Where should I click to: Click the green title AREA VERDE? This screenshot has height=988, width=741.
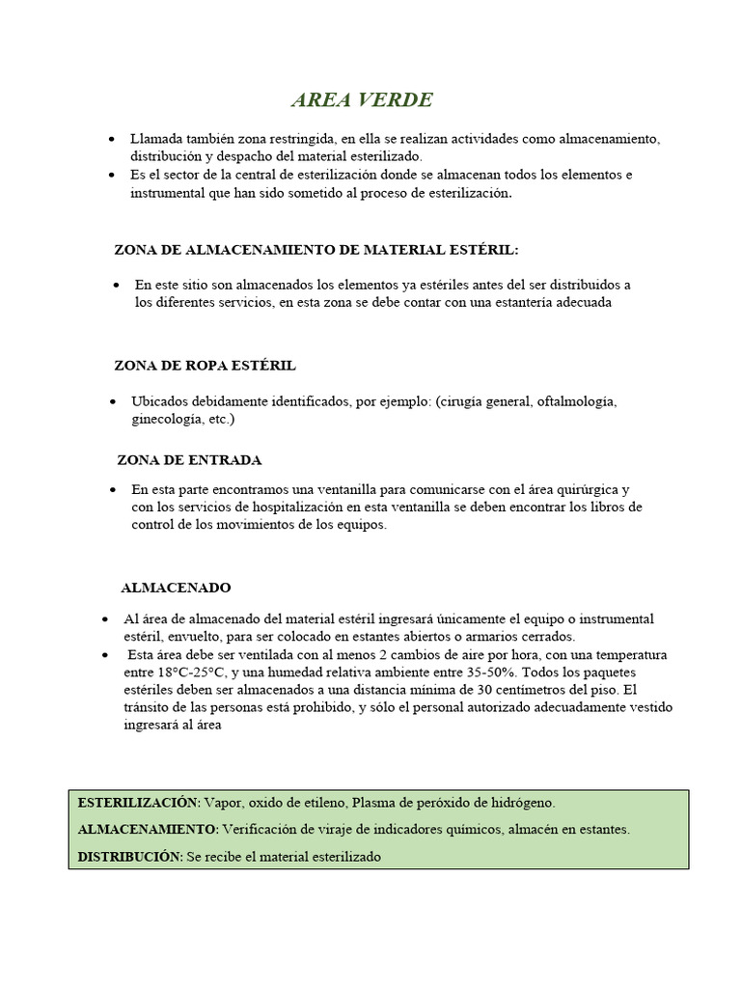[362, 101]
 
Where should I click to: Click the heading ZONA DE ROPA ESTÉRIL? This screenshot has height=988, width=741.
[205, 367]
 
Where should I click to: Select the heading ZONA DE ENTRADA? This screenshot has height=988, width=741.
[189, 460]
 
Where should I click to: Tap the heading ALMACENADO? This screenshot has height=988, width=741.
[176, 588]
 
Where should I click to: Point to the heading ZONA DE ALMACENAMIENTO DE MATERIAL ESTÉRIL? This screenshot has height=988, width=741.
[316, 250]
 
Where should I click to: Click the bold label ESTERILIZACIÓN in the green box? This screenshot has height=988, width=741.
[138, 803]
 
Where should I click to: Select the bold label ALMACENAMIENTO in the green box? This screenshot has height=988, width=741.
[147, 830]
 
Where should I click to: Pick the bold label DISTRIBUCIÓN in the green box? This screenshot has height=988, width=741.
[129, 857]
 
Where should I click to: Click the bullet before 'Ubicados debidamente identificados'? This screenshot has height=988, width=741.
[116, 401]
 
